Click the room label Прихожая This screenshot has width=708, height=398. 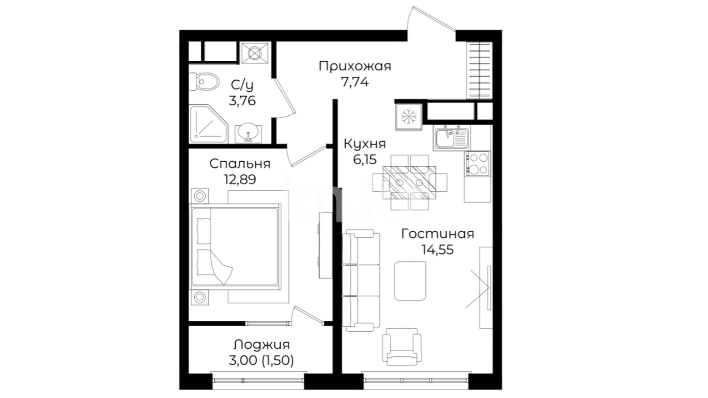(x=355, y=67)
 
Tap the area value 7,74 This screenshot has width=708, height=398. (x=355, y=82)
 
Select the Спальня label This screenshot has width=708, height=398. (x=240, y=164)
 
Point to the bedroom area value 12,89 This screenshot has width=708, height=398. (x=240, y=179)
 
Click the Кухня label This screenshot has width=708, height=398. (x=365, y=144)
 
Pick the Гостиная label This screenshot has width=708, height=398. (x=437, y=234)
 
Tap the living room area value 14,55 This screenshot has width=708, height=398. (x=437, y=250)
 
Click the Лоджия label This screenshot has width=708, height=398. (x=261, y=345)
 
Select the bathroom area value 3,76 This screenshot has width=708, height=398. (x=242, y=101)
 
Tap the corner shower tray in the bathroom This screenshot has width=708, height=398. (x=208, y=124)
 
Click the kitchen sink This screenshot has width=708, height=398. (x=451, y=138)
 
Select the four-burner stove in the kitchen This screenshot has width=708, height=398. (x=477, y=164)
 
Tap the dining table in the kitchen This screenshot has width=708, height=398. (x=409, y=182)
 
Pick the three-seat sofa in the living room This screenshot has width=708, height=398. (x=361, y=280)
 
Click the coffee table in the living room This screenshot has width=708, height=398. (x=410, y=281)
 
